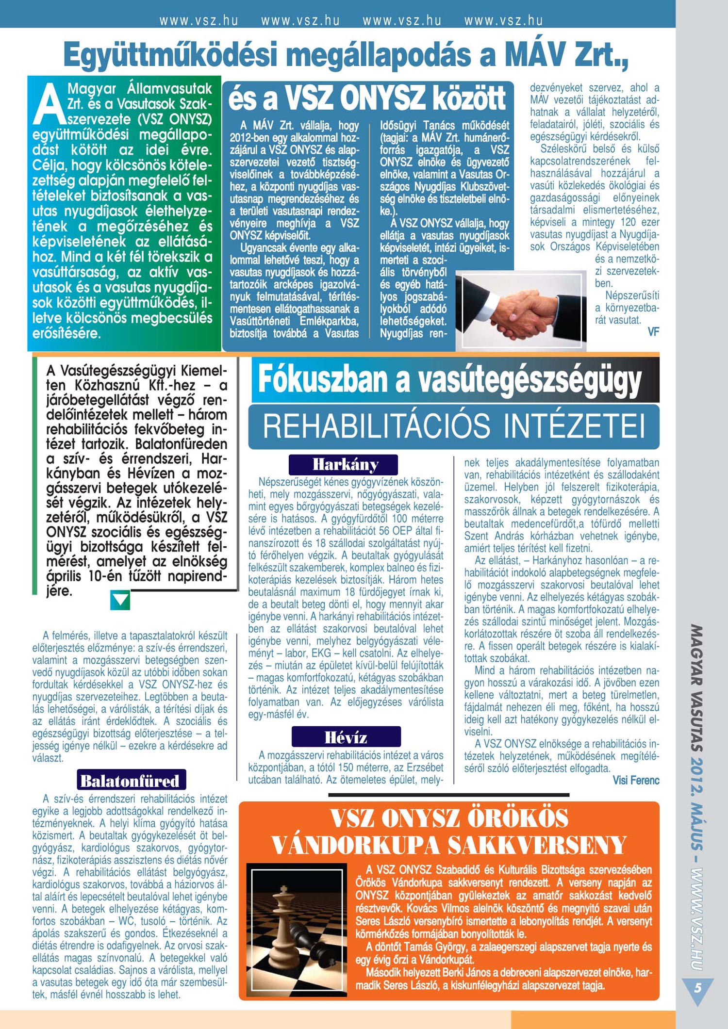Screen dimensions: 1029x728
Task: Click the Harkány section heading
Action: coord(343,464)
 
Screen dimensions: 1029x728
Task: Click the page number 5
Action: coord(697,987)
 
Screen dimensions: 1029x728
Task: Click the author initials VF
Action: coord(653,332)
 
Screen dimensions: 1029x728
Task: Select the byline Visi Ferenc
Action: coord(636,780)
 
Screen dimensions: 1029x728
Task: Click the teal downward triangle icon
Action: coord(120,600)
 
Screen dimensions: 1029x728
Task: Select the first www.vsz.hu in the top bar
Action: coord(199,20)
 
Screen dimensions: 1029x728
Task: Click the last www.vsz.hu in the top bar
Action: coord(503,20)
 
